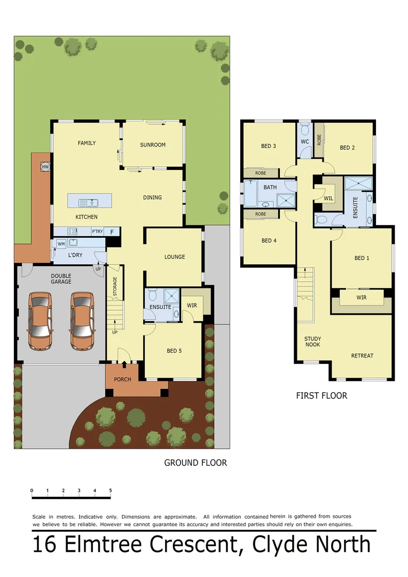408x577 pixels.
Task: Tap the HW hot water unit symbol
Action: tap(45, 167)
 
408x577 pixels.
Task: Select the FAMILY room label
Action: tap(87, 143)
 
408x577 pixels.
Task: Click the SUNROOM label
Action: tap(153, 145)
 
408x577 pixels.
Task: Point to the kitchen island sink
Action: tap(88, 202)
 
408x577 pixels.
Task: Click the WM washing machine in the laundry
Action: tap(61, 244)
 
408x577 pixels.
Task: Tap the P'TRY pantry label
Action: tap(97, 231)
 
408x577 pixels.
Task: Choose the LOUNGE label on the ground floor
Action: tap(175, 257)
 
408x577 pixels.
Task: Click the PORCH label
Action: tap(122, 380)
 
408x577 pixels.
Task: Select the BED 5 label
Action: tap(175, 351)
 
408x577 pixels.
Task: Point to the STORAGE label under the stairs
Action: tap(114, 287)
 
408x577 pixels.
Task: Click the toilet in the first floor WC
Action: tap(304, 130)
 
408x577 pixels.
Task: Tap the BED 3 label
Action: tap(269, 146)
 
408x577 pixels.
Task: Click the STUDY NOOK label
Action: tap(312, 342)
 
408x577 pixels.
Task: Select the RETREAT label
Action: tap(362, 356)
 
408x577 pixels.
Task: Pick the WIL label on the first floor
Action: tap(328, 198)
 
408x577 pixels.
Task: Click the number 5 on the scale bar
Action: tap(111, 490)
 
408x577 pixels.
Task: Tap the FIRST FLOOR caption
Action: tap(321, 396)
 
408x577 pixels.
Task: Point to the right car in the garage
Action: tap(82, 321)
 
